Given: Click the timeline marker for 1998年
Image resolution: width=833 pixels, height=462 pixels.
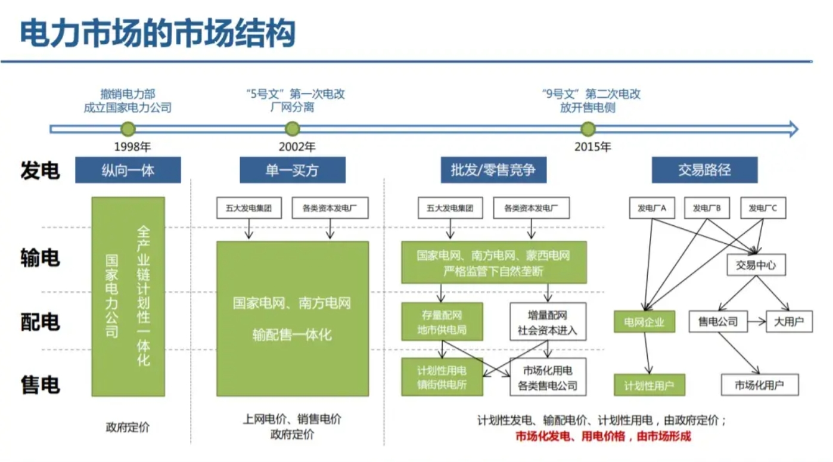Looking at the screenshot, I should coord(128,129).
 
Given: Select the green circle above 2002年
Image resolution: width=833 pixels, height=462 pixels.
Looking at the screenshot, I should coord(292,129).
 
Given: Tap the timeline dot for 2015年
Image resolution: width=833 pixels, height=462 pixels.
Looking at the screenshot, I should coord(588,129).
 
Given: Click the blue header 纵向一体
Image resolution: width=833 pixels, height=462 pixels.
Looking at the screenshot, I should coord(128,170).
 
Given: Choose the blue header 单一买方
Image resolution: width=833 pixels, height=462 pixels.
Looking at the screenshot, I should coord(292,170).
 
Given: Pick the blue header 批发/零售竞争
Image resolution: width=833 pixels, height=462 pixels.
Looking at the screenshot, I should coord(493,170).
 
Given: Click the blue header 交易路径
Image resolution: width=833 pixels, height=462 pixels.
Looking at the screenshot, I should coord(704,170).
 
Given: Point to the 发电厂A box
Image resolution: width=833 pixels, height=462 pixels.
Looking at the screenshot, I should coord(652,208).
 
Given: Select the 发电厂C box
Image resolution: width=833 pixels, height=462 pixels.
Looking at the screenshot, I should coord(763,208).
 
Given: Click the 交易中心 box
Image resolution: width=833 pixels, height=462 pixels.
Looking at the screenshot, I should coord(756,265).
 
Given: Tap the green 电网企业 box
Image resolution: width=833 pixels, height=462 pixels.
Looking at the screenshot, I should coord(644,322).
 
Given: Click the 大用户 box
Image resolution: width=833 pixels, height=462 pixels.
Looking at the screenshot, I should coord(789,322).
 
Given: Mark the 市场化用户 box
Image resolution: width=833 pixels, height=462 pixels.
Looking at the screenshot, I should coord(759,385).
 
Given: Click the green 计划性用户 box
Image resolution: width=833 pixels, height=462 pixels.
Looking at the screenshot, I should coord(649,385).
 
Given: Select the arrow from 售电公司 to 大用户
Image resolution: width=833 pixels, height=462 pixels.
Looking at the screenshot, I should coord(756,322).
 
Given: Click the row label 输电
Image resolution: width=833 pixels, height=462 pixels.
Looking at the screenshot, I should coord(40,259).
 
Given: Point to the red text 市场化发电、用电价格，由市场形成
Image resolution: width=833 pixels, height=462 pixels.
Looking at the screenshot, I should coord(603,436).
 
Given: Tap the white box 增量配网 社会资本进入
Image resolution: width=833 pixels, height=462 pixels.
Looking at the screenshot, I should coord(548,322).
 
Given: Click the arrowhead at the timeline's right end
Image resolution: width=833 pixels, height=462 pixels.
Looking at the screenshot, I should coord(793,129).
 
